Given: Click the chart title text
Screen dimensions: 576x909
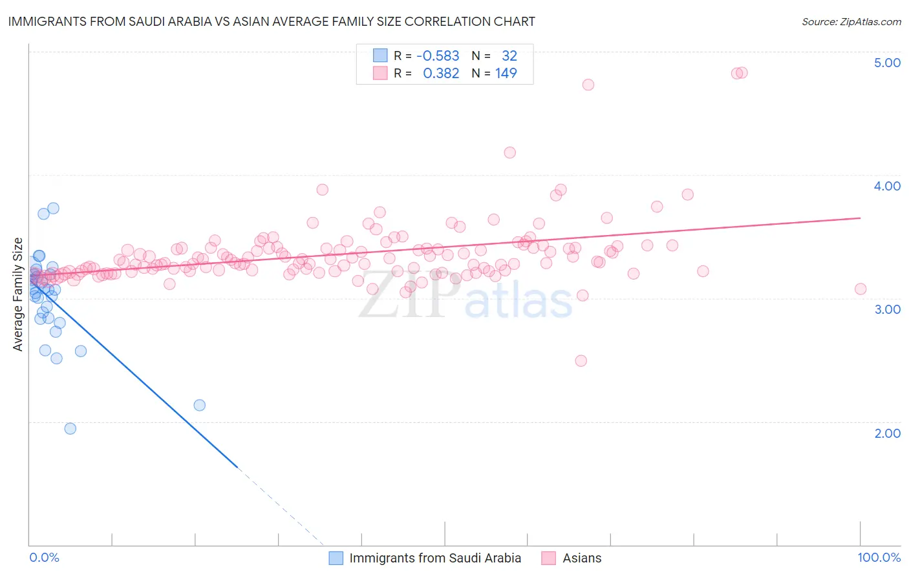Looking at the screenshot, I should click(x=272, y=21).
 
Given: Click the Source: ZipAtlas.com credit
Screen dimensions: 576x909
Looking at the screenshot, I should click(x=851, y=21).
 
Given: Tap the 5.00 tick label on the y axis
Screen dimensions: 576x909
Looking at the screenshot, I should click(x=887, y=63).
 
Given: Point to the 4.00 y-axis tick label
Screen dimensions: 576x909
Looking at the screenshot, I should click(x=887, y=186).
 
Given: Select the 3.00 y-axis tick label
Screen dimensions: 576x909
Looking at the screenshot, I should click(x=887, y=309).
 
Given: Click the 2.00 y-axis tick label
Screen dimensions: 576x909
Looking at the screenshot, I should click(x=887, y=433).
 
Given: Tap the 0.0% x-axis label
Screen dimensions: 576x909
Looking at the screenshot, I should click(x=44, y=557).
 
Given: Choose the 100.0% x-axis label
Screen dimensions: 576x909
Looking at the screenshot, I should click(x=879, y=557).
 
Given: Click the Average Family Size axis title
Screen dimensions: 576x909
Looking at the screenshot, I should click(x=18, y=294).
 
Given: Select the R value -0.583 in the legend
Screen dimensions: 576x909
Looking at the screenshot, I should click(x=438, y=56).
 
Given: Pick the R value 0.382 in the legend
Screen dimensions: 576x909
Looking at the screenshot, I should click(x=441, y=73).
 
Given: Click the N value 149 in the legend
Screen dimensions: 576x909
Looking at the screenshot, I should click(x=506, y=73).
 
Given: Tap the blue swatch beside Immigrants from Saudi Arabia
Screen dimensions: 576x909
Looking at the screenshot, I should click(x=336, y=558).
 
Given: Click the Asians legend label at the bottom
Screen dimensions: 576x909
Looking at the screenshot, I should click(x=582, y=558).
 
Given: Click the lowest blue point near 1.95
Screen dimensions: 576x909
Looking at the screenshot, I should click(x=70, y=428).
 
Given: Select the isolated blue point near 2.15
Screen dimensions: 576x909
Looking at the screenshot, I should click(x=200, y=405).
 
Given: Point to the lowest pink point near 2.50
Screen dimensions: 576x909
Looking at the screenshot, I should click(x=581, y=360).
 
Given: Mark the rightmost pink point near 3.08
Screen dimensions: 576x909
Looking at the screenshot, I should click(x=861, y=289).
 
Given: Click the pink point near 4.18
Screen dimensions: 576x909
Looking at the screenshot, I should click(x=509, y=152).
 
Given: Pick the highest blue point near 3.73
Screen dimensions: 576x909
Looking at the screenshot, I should click(x=54, y=208).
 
